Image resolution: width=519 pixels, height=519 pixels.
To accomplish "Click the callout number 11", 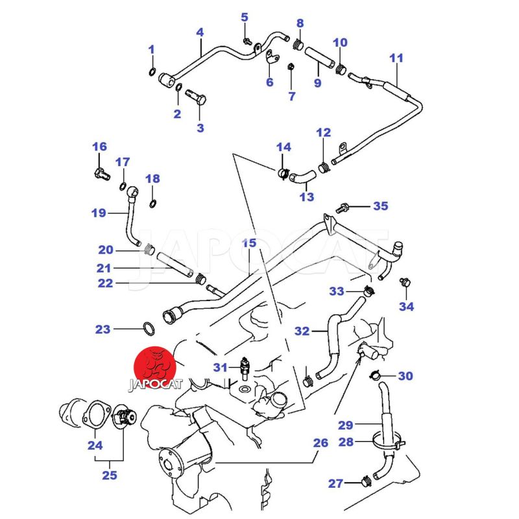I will [396, 58].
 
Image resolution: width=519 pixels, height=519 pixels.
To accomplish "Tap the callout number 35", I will [380, 206].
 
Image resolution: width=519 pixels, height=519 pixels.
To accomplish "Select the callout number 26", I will [320, 444].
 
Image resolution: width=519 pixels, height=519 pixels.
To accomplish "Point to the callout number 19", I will [99, 212].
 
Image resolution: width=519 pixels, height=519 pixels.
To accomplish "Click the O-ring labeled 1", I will [152, 71].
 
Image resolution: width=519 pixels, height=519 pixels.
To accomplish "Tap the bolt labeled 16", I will [99, 173].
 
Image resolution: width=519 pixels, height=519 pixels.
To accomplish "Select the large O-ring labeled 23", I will [149, 329].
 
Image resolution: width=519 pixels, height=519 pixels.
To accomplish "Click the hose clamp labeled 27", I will [365, 482].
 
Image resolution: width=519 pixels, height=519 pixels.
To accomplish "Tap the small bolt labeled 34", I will [405, 282].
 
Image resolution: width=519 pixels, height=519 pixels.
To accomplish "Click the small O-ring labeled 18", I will [153, 205].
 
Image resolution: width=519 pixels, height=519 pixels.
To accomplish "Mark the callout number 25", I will [109, 475].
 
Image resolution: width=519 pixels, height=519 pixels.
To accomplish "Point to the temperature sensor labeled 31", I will [245, 367].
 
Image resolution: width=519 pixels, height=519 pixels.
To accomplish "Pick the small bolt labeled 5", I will [247, 42].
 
